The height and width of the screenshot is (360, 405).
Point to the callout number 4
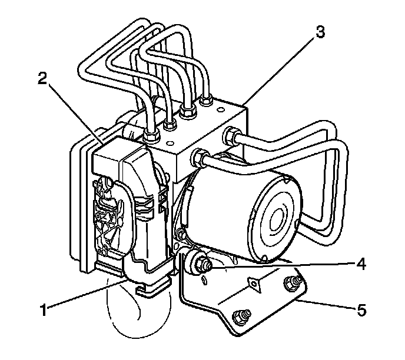pos(361,265)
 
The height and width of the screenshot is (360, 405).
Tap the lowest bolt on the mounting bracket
pos(240,318)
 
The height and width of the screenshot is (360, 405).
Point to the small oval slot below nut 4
pos(203,282)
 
